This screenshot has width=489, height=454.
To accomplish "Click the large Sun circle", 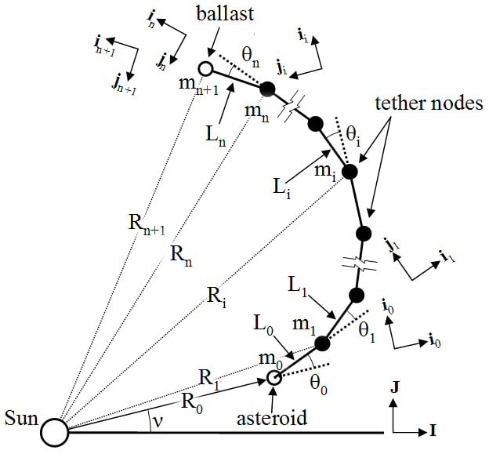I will tap(55, 430).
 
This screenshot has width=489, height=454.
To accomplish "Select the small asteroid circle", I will tap(274, 378).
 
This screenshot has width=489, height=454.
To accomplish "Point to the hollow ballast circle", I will tap(206, 69).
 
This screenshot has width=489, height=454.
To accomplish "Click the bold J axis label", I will tap(395, 387).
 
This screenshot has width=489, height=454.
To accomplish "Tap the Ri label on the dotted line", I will tap(216, 295).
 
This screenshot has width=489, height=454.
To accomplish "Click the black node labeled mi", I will tap(350, 172).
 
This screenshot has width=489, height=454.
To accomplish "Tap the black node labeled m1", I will tap(321, 343).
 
